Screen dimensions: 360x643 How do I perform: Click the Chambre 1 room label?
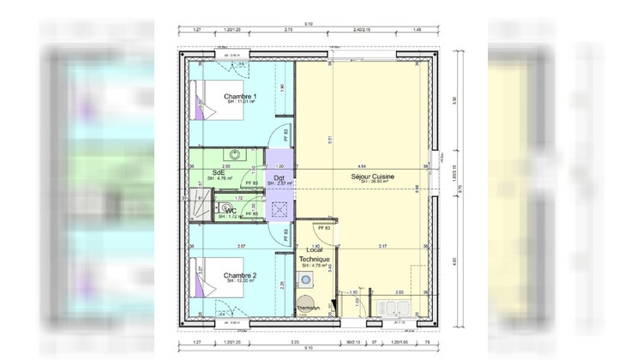click(x=239, y=97)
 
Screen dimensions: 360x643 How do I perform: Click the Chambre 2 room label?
click(x=240, y=275)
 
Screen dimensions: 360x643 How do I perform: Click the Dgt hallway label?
click(x=279, y=177)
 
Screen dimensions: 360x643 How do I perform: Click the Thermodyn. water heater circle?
click(x=305, y=303)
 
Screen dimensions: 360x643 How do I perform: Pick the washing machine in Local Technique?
click(x=306, y=279)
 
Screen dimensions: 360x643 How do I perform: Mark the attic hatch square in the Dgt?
click(x=280, y=208)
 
